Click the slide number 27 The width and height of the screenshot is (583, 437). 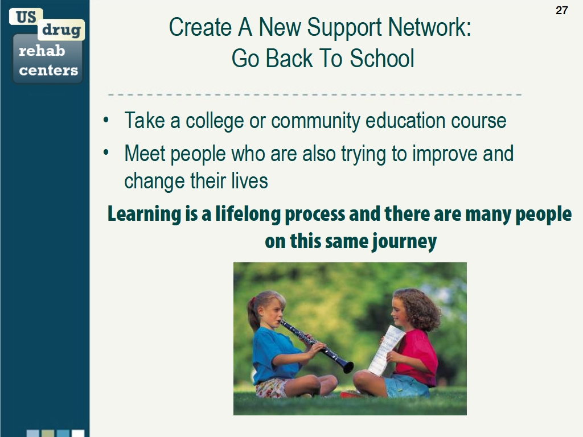561,10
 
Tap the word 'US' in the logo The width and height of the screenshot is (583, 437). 26,17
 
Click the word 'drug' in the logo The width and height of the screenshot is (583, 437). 61,30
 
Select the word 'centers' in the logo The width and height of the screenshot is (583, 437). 48,71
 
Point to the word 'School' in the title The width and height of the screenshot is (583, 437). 382,58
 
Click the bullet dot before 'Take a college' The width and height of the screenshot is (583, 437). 105,121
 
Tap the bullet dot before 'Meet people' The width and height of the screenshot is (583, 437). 105,153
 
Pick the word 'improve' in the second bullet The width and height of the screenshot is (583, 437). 446,154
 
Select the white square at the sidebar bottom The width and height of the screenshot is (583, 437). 78,434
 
